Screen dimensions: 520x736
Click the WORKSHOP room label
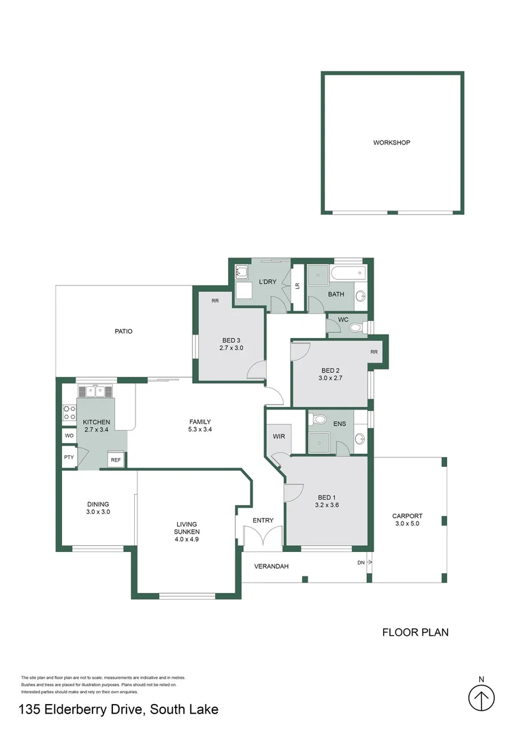391,142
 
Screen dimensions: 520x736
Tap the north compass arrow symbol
482,698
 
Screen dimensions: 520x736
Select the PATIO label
123,331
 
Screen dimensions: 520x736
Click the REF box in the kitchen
116,460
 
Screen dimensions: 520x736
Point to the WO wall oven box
69,435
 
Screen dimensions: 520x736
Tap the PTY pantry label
69,457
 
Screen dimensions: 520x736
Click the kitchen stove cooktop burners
69,413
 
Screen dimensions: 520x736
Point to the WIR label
279,437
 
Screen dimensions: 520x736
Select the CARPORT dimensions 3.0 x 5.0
407,524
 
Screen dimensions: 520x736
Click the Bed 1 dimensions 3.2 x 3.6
327,505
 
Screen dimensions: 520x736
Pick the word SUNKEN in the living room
186,532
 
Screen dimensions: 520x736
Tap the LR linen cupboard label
297,286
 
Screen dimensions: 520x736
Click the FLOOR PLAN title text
415,632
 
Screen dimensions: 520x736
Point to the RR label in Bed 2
374,352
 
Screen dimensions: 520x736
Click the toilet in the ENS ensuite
319,418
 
